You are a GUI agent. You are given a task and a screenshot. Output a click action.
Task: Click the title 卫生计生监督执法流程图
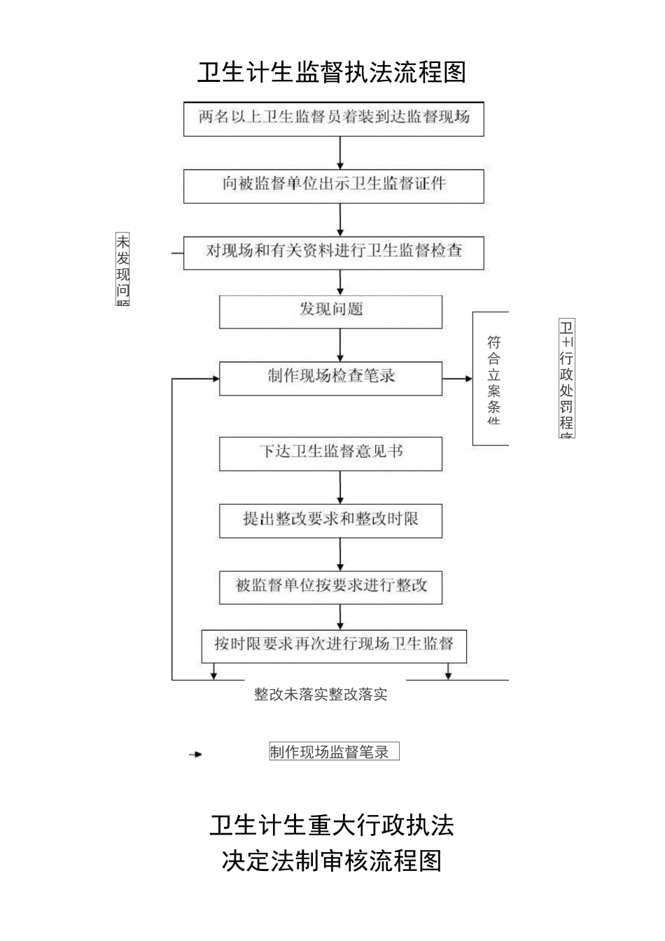pos(332,72)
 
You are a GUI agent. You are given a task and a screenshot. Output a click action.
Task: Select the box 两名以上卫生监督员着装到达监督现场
pos(333,118)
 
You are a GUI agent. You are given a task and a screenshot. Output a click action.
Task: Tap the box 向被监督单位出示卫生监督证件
pos(333,185)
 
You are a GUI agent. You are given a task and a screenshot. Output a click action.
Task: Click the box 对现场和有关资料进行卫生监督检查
pos(333,252)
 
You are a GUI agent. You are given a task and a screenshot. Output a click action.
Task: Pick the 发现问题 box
pos(330,311)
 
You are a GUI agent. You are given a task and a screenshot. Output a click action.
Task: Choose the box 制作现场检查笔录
pos(330,377)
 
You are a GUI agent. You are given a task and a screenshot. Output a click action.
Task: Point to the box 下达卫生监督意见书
pos(330,453)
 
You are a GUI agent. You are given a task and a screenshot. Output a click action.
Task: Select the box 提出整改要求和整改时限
pos(330,520)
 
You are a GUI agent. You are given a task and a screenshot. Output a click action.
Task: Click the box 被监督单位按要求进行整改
pos(330,587)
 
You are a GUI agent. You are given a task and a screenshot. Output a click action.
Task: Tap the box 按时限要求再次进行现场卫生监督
pos(333,645)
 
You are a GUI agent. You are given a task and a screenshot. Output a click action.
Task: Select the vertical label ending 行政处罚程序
pos(566,379)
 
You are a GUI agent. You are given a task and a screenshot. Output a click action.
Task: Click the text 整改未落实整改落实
pos(321,695)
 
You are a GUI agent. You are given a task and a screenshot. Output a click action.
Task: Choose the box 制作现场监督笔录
pos(334,752)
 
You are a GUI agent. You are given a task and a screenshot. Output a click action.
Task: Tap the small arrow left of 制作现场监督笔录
pos(195,754)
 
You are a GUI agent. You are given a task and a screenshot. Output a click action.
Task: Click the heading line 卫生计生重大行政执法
pos(332,825)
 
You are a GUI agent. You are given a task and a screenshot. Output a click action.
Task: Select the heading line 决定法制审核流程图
pos(332,860)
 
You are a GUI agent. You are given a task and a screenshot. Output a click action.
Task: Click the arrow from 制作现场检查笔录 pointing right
pos(458,379)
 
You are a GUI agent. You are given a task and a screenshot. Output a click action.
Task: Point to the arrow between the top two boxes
pos(340,153)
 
